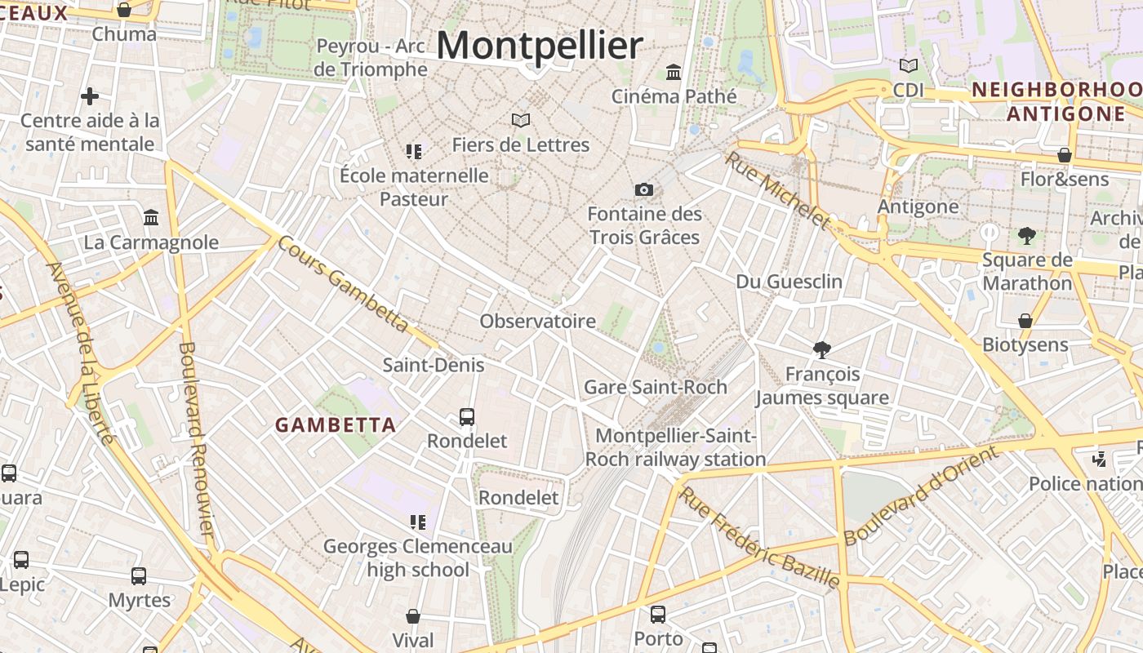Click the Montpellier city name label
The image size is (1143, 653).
pyautogui.click(x=540, y=45)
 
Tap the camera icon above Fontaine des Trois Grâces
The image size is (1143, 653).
pyautogui.click(x=644, y=190)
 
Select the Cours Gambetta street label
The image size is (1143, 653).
pyautogui.click(x=342, y=283)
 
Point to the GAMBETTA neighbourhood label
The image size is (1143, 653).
pyautogui.click(x=336, y=425)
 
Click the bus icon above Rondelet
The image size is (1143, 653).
pyautogui.click(x=467, y=417)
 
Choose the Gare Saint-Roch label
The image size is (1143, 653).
pyautogui.click(x=656, y=387)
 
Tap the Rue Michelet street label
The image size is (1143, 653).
pyautogui.click(x=776, y=189)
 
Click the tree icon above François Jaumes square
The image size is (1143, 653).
pyautogui.click(x=822, y=350)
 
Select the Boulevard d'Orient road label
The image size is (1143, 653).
pyautogui.click(x=921, y=495)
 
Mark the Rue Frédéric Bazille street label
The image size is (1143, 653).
pyautogui.click(x=759, y=538)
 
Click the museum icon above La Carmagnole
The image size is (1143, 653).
pyautogui.click(x=151, y=218)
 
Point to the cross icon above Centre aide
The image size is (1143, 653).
pyautogui.click(x=90, y=96)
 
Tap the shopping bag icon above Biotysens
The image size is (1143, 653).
pyautogui.click(x=1025, y=321)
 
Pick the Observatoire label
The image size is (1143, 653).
pyautogui.click(x=537, y=322)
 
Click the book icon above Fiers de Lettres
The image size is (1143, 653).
pyautogui.click(x=521, y=121)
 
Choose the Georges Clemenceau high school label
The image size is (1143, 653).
pyautogui.click(x=418, y=557)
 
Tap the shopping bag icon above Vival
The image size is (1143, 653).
pyautogui.click(x=413, y=616)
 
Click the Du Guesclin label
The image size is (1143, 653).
pyautogui.click(x=789, y=282)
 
